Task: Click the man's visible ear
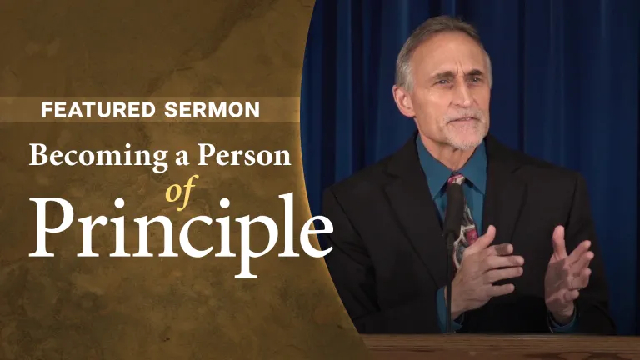click(403, 101)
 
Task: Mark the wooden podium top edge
click(500, 338)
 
